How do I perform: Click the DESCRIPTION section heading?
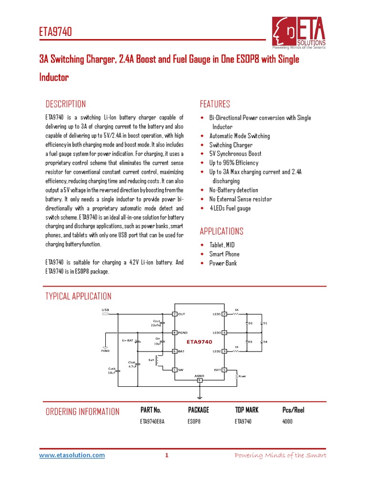pos(65,104)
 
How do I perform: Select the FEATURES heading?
pos(215,104)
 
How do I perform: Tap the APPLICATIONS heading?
pos(222,232)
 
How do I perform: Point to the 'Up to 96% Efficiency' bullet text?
pos(234,163)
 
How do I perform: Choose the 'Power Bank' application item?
pos(223,263)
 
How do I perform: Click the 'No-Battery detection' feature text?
pos(234,190)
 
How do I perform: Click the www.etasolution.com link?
pos(72,456)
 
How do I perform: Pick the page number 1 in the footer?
pos(166,456)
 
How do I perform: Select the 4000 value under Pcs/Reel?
pos(287,422)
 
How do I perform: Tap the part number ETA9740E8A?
pos(152,422)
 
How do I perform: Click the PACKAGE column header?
pos(198,410)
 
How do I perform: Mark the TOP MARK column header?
pos(247,410)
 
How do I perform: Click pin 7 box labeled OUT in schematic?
pos(175,314)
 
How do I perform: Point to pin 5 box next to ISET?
pos(224,369)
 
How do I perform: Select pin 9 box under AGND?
pos(199,380)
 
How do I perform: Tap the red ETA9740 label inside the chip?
pos(199,341)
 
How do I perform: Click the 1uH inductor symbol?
pos(158,360)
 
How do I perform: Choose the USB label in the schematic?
pos(105,310)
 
